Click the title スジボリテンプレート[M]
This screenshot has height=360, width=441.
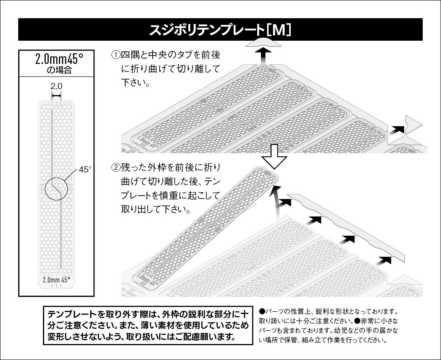(220, 30)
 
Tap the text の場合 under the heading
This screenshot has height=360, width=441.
(57, 70)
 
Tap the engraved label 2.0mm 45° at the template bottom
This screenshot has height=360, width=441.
(56, 279)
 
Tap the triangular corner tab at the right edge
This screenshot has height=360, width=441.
(412, 124)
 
